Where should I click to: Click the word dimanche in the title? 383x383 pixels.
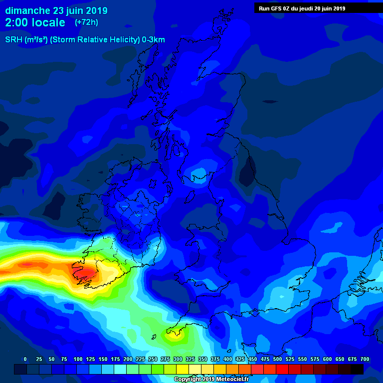click(x=27, y=10)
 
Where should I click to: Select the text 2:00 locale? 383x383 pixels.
click(x=35, y=23)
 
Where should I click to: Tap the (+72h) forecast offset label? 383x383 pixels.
click(x=86, y=22)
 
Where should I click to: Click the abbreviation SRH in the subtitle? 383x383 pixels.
click(x=13, y=40)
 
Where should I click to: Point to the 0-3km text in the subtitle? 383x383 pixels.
click(x=153, y=40)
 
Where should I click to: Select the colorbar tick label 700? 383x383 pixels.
click(x=365, y=359)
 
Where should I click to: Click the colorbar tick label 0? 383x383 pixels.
click(x=25, y=359)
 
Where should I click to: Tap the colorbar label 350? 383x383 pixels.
click(x=202, y=359)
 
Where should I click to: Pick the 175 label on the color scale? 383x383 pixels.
click(x=115, y=359)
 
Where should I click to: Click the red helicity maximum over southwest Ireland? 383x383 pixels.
click(x=86, y=273)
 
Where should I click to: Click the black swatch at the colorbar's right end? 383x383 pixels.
click(x=357, y=369)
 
